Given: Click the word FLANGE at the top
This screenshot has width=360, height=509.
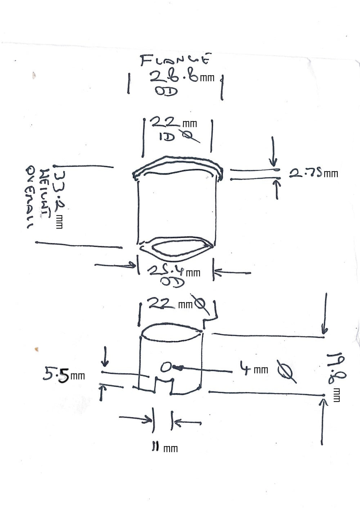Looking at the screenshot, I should [175, 60].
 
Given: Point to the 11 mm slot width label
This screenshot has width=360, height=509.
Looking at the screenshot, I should [164, 448].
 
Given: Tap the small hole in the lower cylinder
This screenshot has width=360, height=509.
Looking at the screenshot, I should [166, 367].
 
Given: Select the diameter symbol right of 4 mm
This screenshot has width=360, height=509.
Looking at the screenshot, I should [287, 371].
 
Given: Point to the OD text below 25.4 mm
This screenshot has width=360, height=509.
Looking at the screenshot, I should [172, 282].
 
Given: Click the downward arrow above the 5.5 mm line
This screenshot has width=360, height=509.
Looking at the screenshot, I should [105, 356].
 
